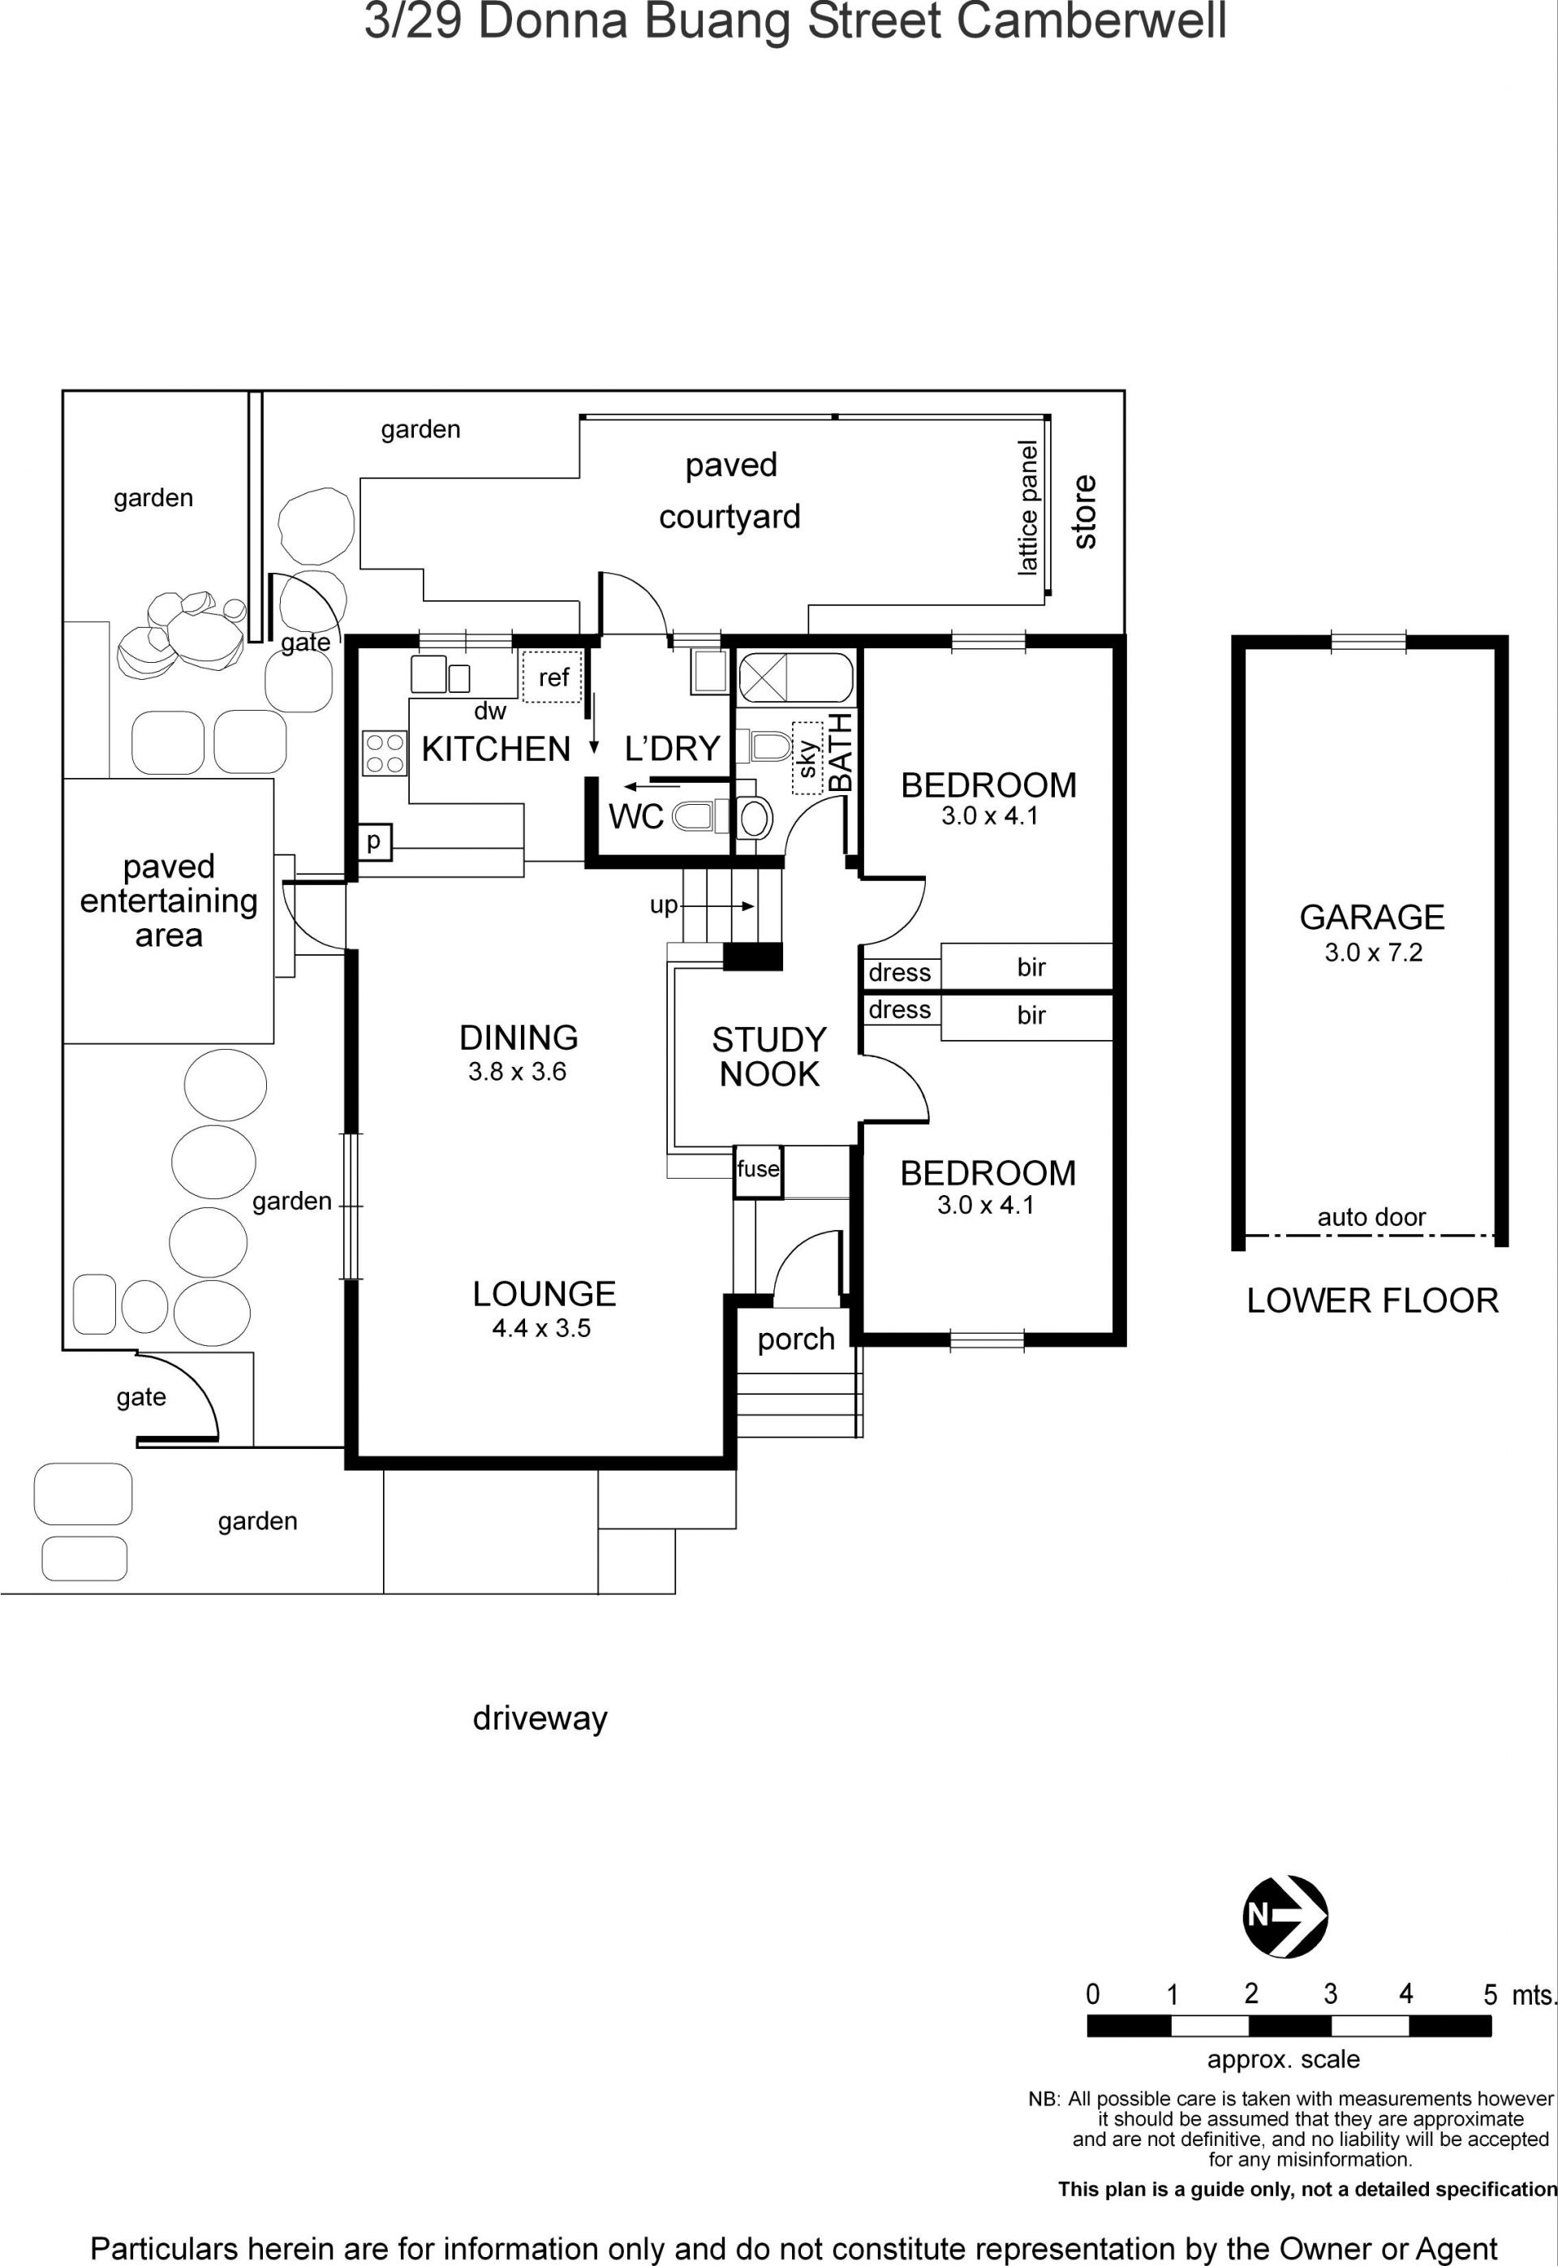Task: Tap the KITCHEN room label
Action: click(x=496, y=749)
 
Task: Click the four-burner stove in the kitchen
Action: click(x=385, y=754)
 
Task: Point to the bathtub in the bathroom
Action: click(x=794, y=677)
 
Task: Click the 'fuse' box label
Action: click(x=759, y=1168)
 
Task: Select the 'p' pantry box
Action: click(x=374, y=841)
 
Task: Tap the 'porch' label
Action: click(x=797, y=1339)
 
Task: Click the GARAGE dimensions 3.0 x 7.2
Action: click(x=1374, y=952)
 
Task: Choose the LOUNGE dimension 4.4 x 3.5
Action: click(x=542, y=1327)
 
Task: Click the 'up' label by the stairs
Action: click(x=663, y=905)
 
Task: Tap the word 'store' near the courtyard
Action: click(x=1085, y=511)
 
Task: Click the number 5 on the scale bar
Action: click(x=1491, y=1995)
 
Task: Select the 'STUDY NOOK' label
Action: click(x=769, y=1056)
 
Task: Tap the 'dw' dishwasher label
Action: click(x=490, y=712)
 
